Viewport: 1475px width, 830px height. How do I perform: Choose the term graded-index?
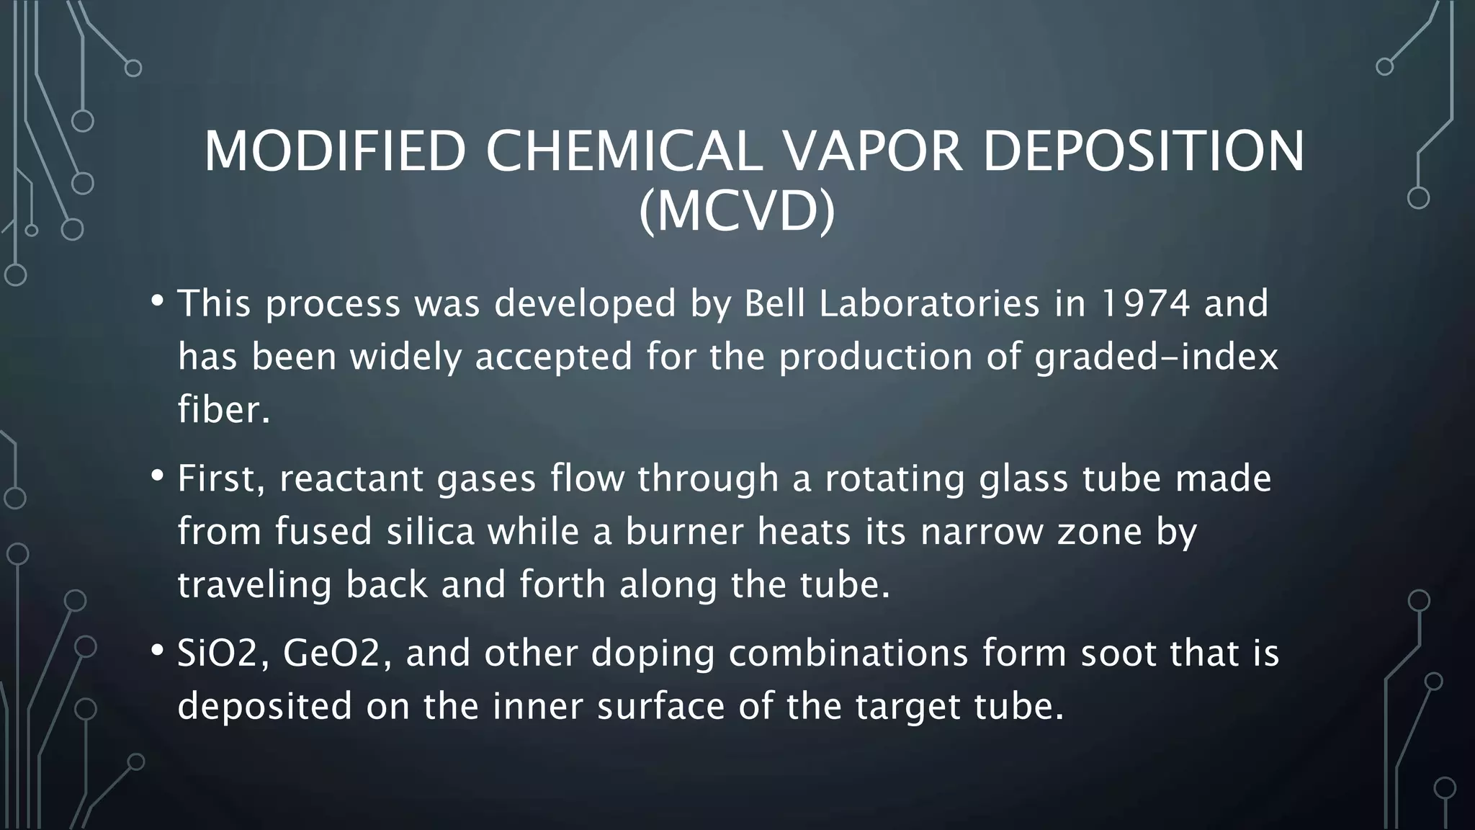(1156, 357)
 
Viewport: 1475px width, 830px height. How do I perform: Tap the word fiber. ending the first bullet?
(224, 409)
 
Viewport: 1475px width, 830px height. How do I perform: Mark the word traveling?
(254, 584)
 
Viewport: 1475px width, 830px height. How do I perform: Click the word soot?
(1118, 653)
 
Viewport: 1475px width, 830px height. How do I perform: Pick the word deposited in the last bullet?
(265, 706)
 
